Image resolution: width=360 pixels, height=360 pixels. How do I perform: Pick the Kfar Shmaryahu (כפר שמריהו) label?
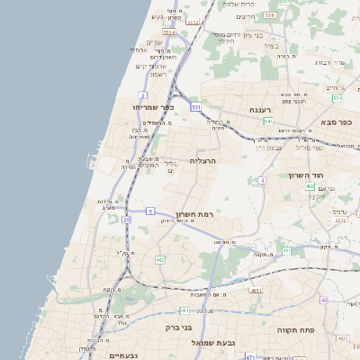[x=139, y=107]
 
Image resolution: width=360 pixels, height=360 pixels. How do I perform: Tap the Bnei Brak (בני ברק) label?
[x=181, y=328]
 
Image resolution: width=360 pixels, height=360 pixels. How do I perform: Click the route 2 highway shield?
[x=142, y=94]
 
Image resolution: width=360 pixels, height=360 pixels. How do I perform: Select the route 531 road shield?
[x=195, y=106]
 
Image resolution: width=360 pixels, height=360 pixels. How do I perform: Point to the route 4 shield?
[x=262, y=180]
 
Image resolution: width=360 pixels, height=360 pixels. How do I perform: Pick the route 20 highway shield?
[x=126, y=219]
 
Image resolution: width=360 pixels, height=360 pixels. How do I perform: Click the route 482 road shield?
[x=160, y=259]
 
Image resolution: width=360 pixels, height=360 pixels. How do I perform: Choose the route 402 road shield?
[x=310, y=186]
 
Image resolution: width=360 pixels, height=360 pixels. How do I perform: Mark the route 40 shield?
[x=323, y=299]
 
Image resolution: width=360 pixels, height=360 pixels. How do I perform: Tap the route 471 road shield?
[x=249, y=356]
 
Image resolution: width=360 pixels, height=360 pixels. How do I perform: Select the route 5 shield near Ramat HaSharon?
[x=150, y=211]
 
